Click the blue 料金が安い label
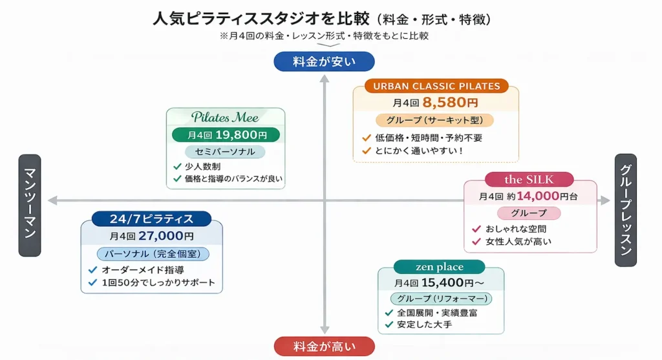click(324, 61)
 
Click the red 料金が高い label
click(324, 346)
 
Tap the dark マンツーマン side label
click(30, 206)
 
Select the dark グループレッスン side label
click(625, 210)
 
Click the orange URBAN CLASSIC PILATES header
click(436, 86)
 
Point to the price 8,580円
click(450, 103)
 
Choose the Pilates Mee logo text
click(225, 118)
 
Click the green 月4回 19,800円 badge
click(226, 135)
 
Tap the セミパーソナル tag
click(225, 152)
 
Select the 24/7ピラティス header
click(151, 219)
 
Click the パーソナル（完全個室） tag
click(153, 254)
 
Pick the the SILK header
click(529, 179)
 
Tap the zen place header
click(440, 266)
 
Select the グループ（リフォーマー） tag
click(441, 299)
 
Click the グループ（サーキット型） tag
click(435, 120)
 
